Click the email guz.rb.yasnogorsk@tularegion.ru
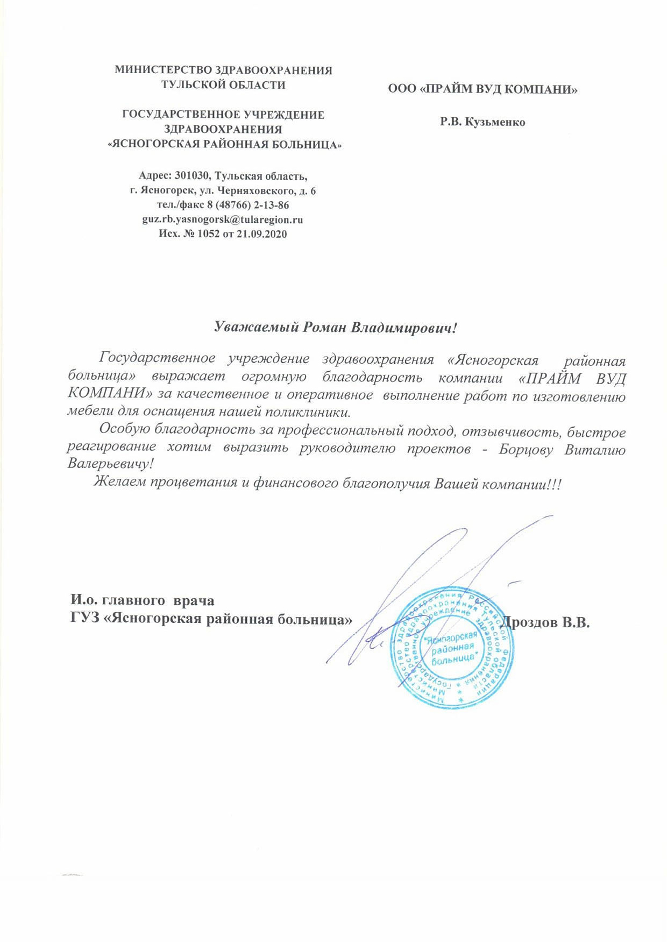223,219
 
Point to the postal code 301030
192,176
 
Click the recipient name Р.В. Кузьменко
482,122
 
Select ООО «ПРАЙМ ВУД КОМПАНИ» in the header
482,90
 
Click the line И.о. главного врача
142,600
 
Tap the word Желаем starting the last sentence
120,482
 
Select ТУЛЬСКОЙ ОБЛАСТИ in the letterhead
223,84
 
